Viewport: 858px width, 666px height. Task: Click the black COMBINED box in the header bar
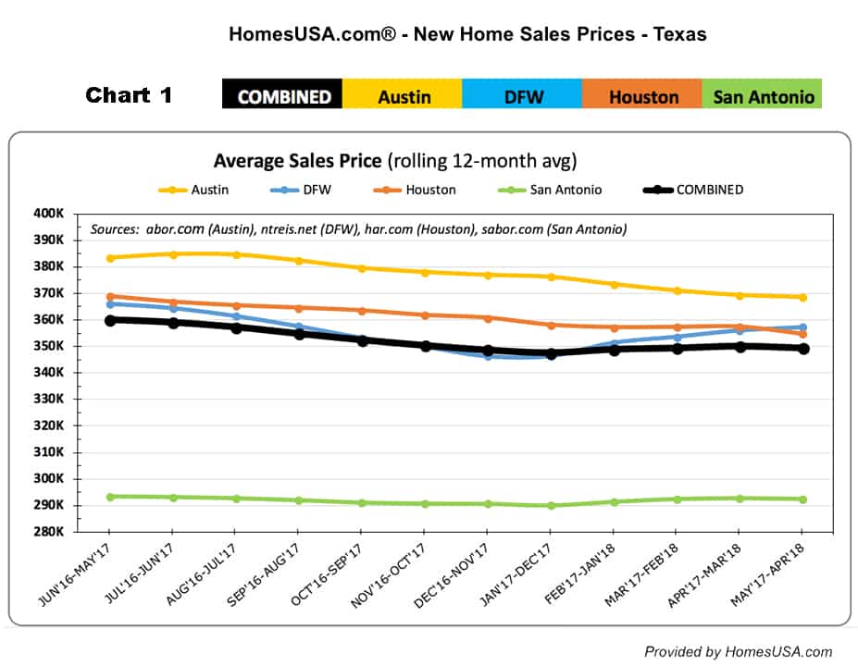(282, 94)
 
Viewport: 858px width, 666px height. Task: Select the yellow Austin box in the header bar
(404, 94)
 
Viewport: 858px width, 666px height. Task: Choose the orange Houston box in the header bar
(642, 94)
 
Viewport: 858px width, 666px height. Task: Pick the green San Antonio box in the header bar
(763, 94)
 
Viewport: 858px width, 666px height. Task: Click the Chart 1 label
(129, 94)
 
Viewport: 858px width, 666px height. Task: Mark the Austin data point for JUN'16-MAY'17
(109, 258)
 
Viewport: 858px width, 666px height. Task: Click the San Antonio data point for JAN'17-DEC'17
(551, 506)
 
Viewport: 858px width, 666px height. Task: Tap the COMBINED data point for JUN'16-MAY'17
(109, 320)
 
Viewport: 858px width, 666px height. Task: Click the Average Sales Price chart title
(395, 161)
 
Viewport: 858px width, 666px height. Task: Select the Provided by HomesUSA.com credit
(738, 651)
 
